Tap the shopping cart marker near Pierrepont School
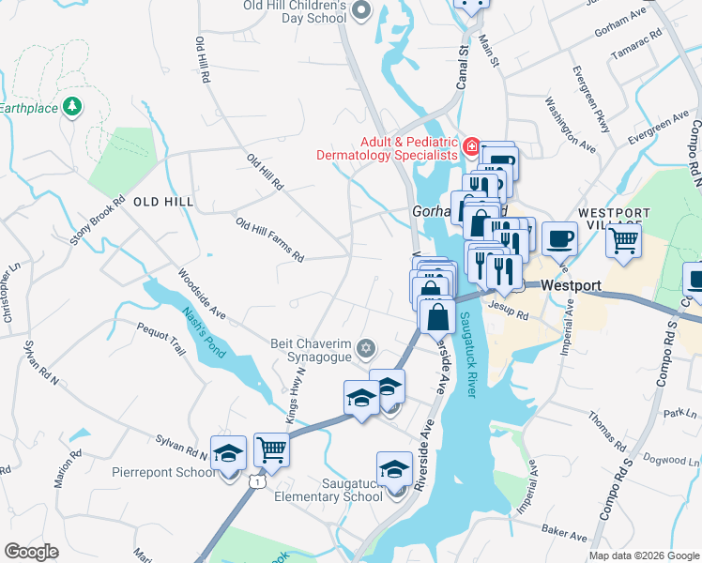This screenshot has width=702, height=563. click(x=271, y=449)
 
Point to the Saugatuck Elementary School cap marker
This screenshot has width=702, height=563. click(x=394, y=469)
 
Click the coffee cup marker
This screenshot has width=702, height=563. click(x=559, y=238)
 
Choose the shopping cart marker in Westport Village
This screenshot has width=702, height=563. click(x=623, y=241)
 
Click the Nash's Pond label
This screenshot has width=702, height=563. click(x=200, y=331)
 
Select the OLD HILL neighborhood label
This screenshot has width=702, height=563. click(x=162, y=202)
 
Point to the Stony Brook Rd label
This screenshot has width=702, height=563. click(x=98, y=221)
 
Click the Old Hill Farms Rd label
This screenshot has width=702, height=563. click(x=270, y=239)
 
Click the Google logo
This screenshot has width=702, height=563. click(x=31, y=552)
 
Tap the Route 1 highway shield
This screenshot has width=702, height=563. click(x=254, y=481)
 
